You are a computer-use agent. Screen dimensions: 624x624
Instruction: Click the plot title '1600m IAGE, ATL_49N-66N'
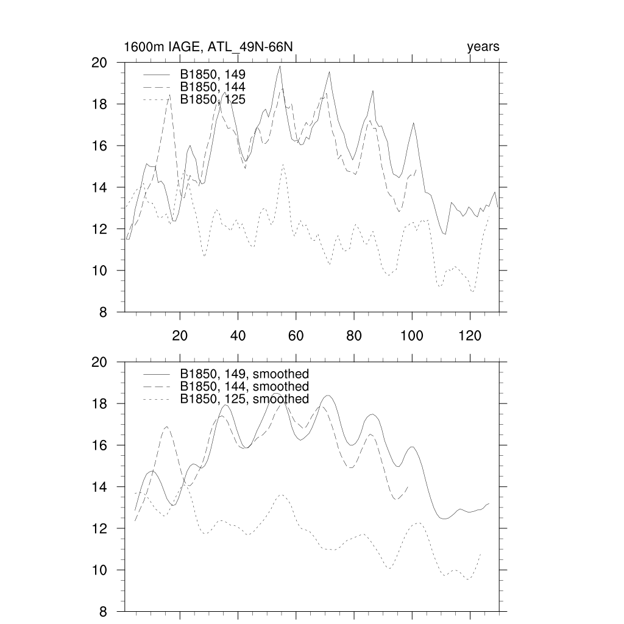pyautogui.click(x=210, y=48)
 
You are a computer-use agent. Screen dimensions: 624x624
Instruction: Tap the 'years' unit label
pyautogui.click(x=483, y=48)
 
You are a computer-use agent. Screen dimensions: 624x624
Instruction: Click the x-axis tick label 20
pyautogui.click(x=180, y=336)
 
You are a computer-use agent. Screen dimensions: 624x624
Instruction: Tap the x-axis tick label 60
pyautogui.click(x=296, y=336)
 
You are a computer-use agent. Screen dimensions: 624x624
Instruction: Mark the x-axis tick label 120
pyautogui.click(x=470, y=336)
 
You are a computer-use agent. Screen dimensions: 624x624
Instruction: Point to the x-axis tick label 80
pyautogui.click(x=354, y=336)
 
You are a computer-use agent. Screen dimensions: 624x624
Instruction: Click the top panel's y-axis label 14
pyautogui.click(x=99, y=188)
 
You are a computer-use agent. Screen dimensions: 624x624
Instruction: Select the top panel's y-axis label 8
pyautogui.click(x=104, y=313)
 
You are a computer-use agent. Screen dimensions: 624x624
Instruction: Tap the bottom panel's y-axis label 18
pyautogui.click(x=99, y=404)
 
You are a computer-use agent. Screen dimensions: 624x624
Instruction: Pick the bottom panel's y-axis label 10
pyautogui.click(x=99, y=570)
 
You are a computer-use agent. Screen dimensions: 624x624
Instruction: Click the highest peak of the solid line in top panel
pyautogui.click(x=280, y=66)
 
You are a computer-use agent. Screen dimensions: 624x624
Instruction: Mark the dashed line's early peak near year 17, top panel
pyautogui.click(x=169, y=94)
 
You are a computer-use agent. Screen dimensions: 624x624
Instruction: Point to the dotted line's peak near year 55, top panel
pyautogui.click(x=283, y=164)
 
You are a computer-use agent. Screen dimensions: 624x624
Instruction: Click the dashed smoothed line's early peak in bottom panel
pyautogui.click(x=168, y=427)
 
